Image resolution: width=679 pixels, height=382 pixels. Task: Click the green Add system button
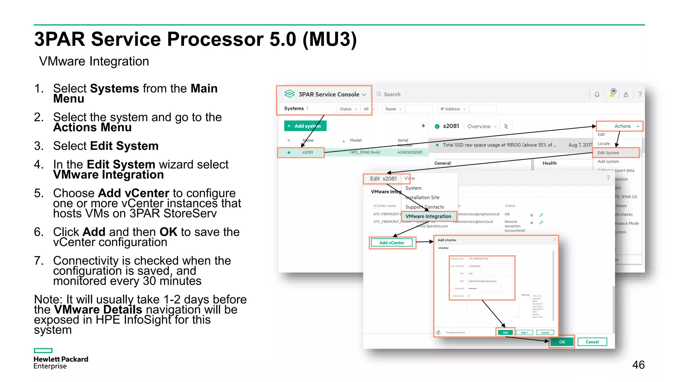[305, 126]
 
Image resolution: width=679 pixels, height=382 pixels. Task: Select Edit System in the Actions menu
[608, 153]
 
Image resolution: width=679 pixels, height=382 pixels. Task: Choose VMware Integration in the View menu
[428, 216]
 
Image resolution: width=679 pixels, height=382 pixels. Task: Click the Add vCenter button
[392, 243]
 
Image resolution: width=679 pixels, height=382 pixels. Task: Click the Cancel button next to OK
[592, 342]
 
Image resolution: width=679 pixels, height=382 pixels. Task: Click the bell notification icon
[597, 95]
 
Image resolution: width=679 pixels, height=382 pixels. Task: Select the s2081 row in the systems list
[307, 153]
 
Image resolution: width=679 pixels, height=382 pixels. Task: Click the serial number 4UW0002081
[410, 153]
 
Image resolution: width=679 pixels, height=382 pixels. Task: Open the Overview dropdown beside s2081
[482, 126]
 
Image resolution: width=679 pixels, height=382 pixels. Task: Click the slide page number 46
[638, 365]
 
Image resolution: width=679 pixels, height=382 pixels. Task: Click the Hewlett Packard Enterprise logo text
[61, 362]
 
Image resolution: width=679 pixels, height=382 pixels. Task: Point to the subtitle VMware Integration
[94, 61]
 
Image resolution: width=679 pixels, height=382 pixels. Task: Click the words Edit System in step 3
[124, 146]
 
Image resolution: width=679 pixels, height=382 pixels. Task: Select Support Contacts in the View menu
[424, 207]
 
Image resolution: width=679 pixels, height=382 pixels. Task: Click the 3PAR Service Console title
[329, 95]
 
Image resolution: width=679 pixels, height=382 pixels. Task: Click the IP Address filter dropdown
[453, 109]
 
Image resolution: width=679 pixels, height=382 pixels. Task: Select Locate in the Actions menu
[604, 144]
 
